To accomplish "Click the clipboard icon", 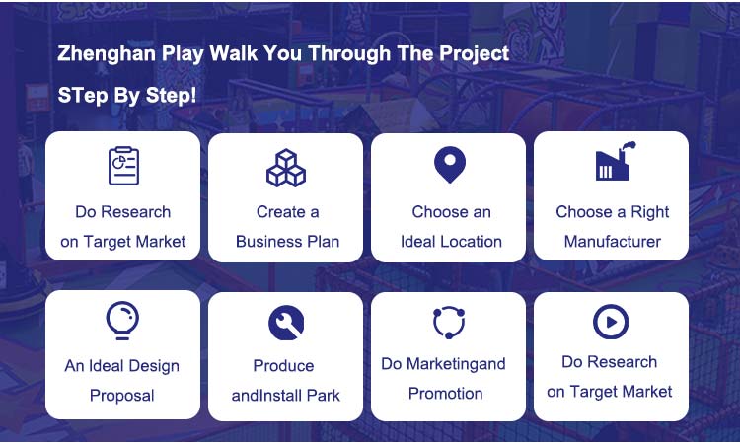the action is (x=123, y=166).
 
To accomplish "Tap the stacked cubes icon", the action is (x=286, y=168).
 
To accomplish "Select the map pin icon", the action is (x=450, y=165).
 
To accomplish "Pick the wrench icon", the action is (x=286, y=323).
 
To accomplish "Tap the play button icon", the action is (x=611, y=322).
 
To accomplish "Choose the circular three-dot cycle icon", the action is (x=449, y=323).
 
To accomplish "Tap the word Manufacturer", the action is (x=612, y=242).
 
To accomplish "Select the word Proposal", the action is (x=121, y=396).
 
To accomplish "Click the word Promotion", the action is (x=445, y=394).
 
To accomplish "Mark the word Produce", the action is (x=283, y=366).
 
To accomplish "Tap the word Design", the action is (x=154, y=366).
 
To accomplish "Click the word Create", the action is (x=281, y=212).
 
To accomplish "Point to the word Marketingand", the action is (x=456, y=364).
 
